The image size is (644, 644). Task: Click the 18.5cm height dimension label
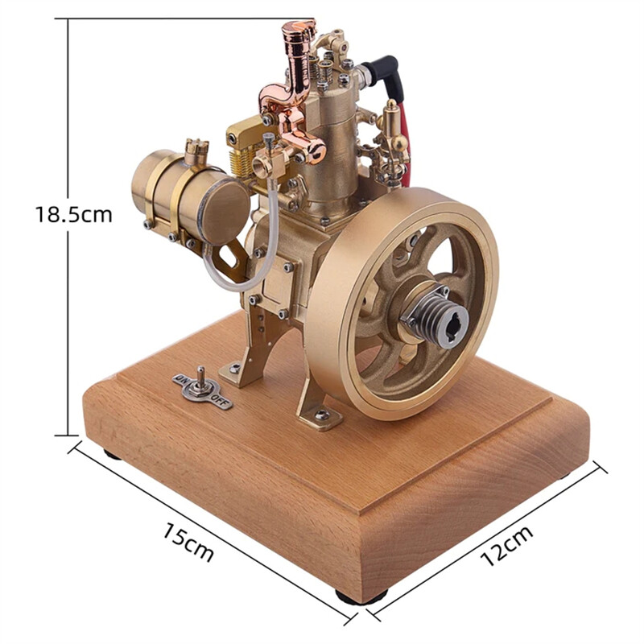click(73, 215)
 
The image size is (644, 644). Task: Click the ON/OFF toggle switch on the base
click(201, 388)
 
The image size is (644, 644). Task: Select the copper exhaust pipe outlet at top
click(299, 36)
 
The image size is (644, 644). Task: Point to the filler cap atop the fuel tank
click(196, 149)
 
